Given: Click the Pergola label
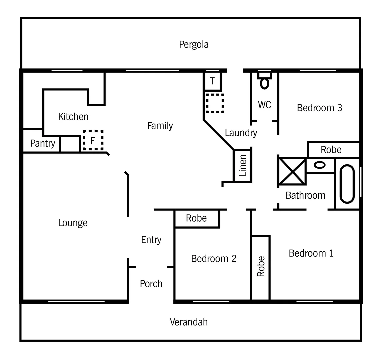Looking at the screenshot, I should click(194, 44).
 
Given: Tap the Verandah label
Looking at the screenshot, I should click(189, 322).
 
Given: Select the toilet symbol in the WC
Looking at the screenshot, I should click(265, 81).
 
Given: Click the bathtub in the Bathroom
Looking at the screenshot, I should click(347, 184).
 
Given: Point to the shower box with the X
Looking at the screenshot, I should click(292, 171).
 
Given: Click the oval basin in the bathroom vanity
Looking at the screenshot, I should click(320, 165).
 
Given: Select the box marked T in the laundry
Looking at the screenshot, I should click(212, 81).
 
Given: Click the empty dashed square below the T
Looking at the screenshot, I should click(214, 103).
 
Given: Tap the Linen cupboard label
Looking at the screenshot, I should click(243, 165).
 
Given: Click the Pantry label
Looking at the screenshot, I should click(42, 143).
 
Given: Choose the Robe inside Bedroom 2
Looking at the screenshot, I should click(196, 218).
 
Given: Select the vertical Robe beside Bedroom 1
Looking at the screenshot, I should click(261, 266).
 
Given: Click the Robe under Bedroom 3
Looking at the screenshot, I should click(331, 150).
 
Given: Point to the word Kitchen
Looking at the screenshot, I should click(73, 117).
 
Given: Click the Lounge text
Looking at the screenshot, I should click(73, 223).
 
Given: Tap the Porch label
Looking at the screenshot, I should click(151, 284).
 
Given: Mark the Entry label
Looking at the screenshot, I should click(151, 240).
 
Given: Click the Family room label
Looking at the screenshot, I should click(160, 126).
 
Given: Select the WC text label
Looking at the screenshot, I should click(265, 105).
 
